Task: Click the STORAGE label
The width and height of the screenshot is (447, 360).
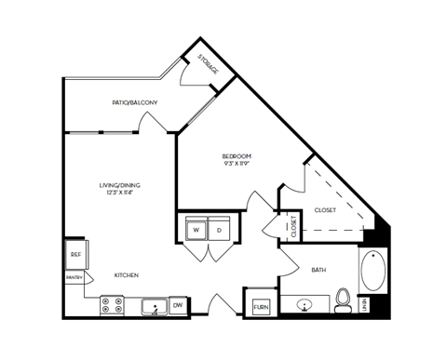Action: click(x=207, y=64)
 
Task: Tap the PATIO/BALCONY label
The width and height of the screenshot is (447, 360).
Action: click(x=134, y=102)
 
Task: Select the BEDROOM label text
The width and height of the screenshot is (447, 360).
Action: click(x=237, y=156)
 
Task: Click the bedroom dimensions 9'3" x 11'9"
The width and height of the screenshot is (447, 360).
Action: click(x=237, y=165)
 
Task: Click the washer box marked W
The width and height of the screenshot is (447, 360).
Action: click(x=196, y=229)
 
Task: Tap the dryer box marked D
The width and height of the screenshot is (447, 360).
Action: click(x=221, y=229)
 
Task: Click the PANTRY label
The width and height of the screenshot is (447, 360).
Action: click(x=74, y=277)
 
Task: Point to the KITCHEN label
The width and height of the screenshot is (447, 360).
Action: click(x=127, y=275)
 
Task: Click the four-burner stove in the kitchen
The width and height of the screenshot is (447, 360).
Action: click(x=113, y=305)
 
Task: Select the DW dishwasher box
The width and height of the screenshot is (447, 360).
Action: click(x=178, y=304)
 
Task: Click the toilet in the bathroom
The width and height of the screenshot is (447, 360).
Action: click(x=342, y=300)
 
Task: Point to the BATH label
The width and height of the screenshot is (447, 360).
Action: click(x=318, y=271)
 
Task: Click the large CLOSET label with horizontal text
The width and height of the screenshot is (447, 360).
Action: click(x=325, y=210)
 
